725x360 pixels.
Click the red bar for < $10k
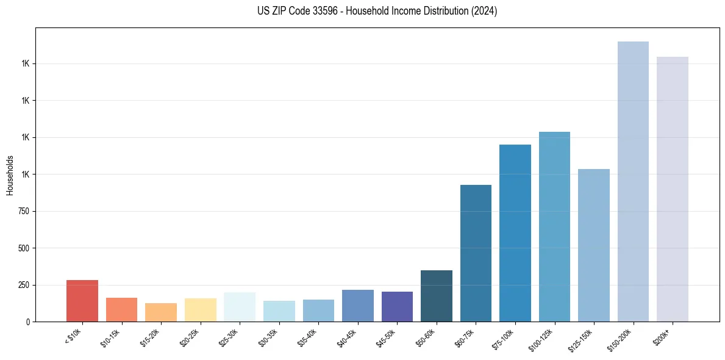[82, 301]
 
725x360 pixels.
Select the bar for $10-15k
[121, 310]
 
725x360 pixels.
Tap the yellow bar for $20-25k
[200, 310]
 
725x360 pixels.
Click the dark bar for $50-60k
[436, 296]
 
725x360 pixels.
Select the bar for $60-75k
[476, 253]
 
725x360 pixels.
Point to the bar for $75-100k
[515, 233]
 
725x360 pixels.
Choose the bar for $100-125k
[554, 227]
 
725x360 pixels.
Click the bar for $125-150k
[593, 245]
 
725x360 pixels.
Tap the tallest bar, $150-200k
[633, 182]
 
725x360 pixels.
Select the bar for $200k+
[672, 189]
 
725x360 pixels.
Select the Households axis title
[10, 175]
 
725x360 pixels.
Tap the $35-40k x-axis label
[309, 337]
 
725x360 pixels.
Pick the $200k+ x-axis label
[662, 335]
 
